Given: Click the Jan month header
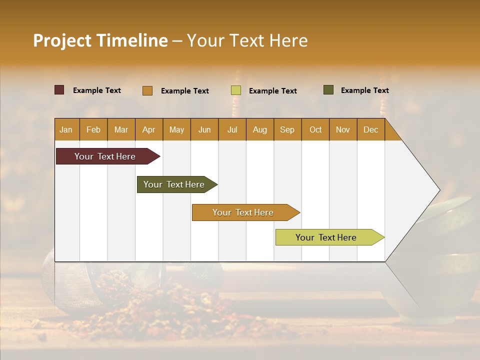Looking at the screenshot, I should [66, 129].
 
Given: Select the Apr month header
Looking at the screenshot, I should [149, 129].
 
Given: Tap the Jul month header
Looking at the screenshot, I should [232, 129].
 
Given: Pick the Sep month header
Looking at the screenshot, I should [287, 129].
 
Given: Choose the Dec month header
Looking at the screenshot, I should [370, 129].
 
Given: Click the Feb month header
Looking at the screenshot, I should [93, 129].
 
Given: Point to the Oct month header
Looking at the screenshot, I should [315, 129].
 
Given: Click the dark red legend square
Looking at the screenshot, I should [59, 90].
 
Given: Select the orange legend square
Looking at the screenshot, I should [147, 90].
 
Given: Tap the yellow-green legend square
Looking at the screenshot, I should [236, 90].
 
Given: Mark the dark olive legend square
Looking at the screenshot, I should [328, 90].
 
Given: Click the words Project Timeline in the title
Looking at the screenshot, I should [100, 40].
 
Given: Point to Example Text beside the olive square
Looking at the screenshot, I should [364, 90].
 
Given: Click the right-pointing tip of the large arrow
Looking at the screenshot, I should [438, 190].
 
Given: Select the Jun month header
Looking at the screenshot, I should [204, 129].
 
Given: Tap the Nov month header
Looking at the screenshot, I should [343, 129].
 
